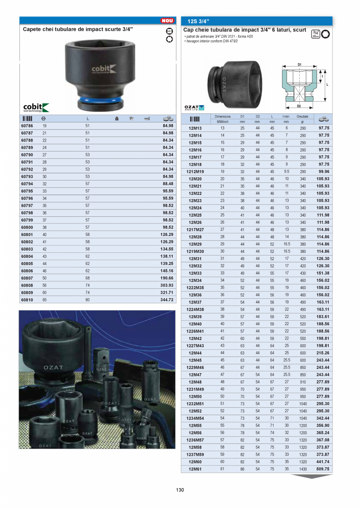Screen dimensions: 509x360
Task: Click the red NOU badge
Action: (x=167, y=21)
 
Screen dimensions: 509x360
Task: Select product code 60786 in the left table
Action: (x=27, y=126)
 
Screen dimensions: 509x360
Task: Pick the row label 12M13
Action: (x=195, y=128)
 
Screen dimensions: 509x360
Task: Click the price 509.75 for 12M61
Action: (x=323, y=469)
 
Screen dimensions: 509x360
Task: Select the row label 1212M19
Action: (x=195, y=171)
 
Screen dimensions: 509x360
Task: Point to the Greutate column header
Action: (x=302, y=116)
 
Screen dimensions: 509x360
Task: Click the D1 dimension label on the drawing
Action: (x=299, y=64)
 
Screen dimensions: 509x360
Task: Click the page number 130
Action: (x=180, y=490)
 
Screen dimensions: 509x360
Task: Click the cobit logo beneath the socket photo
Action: (x=36, y=107)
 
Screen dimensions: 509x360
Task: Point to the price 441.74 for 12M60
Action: (x=323, y=462)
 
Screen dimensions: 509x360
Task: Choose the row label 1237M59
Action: (x=195, y=455)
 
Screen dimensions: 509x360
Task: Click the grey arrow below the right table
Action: (x=311, y=477)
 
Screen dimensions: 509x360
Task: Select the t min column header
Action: (x=286, y=116)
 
